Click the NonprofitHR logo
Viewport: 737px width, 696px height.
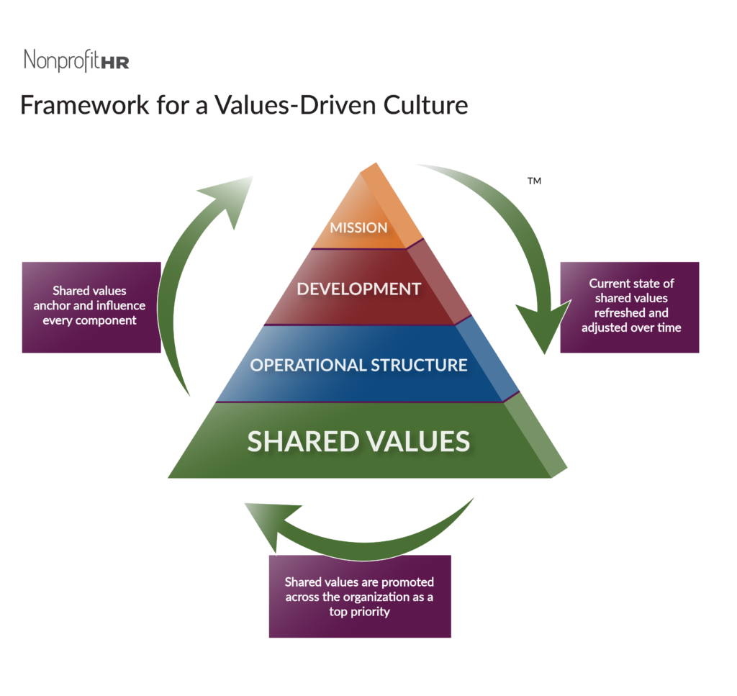point(76,60)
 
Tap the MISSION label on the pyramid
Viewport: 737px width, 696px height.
point(358,227)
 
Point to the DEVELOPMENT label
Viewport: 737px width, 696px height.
point(359,289)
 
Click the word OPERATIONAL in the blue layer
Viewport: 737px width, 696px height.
point(308,365)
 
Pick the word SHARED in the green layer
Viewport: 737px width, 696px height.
point(299,441)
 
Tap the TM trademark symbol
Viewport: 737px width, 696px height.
point(534,182)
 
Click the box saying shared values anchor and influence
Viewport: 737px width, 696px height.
point(91,307)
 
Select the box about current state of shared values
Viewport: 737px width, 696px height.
point(629,307)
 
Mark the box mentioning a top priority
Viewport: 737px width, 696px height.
point(360,596)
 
